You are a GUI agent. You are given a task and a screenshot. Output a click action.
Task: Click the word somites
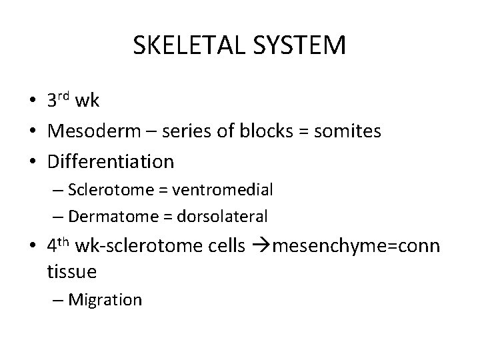click(x=346, y=131)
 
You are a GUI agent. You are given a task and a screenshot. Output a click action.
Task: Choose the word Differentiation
click(x=111, y=161)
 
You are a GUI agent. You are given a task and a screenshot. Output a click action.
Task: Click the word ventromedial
click(x=222, y=190)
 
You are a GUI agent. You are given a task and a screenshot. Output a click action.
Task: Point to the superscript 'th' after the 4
click(x=64, y=241)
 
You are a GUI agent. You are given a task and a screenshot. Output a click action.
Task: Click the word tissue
click(x=72, y=271)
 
